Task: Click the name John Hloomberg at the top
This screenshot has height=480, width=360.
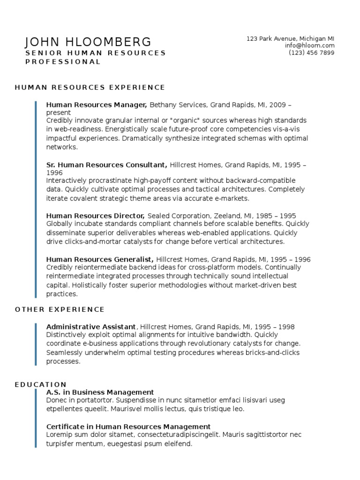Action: (x=88, y=42)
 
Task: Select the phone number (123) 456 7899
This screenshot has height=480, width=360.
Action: (x=311, y=52)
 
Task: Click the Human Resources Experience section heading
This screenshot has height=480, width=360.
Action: (x=90, y=87)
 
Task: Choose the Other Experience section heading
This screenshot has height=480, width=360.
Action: (x=60, y=309)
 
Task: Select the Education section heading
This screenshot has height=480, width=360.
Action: (x=41, y=384)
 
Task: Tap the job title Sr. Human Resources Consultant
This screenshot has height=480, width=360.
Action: (x=106, y=165)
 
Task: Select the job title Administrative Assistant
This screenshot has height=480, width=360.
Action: (x=91, y=327)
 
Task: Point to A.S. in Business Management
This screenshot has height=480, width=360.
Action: (x=100, y=392)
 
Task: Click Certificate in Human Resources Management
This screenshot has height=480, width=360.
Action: (x=128, y=427)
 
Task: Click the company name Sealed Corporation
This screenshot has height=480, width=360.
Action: (x=179, y=216)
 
